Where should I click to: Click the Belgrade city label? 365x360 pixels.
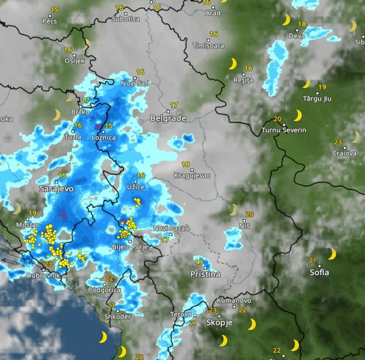(168, 118)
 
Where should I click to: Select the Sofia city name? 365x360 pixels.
(319, 272)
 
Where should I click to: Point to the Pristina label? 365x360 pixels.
(205, 274)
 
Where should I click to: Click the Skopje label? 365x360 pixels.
(219, 323)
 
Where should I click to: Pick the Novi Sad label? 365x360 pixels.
(135, 83)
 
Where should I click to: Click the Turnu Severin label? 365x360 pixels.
(284, 130)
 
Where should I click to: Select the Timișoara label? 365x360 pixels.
(208, 46)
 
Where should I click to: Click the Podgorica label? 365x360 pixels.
(105, 290)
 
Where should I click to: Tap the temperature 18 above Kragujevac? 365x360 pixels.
(186, 165)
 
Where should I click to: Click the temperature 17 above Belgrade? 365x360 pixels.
(174, 105)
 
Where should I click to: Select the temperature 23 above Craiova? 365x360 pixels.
(338, 142)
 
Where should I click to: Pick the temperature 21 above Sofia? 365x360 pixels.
(313, 260)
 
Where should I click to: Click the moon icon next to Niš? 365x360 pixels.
(234, 210)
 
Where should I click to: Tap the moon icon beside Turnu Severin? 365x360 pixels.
(298, 115)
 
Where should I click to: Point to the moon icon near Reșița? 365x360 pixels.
(232, 64)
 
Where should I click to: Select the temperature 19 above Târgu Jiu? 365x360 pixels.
(322, 87)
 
